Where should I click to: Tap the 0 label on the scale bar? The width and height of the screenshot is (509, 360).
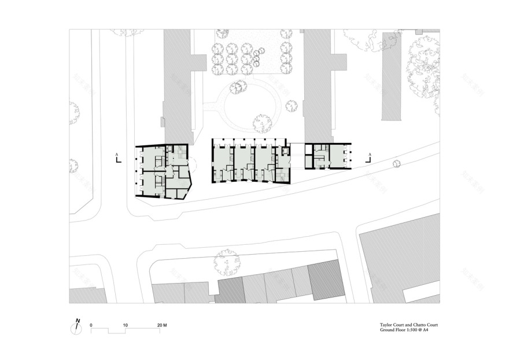pos(91,326)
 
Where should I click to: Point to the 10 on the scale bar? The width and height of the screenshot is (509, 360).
pos(126,326)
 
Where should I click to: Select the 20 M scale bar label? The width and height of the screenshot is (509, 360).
pos(161,326)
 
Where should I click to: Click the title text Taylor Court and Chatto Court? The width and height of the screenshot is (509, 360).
pos(404,325)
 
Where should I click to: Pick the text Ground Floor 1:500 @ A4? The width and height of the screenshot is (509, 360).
pos(404,332)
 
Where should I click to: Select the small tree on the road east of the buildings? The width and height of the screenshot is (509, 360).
pos(396,164)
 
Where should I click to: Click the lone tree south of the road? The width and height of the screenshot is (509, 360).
pos(226,262)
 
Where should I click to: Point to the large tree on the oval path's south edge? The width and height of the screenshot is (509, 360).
pos(262,123)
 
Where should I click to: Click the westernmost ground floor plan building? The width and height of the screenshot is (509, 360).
pos(163,171)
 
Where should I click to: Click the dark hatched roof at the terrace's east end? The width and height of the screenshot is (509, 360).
pos(326,280)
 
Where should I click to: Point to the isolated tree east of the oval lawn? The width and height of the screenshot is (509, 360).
pos(291,106)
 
